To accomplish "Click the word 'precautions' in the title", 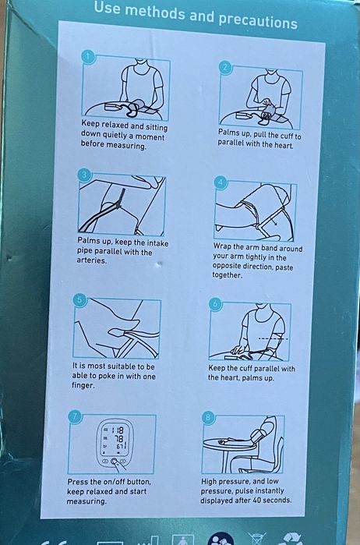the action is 257,20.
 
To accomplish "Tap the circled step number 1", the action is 88,58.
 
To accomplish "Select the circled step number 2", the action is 225,67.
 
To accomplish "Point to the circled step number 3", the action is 84,175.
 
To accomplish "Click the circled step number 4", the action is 221,182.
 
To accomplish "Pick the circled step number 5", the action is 80,299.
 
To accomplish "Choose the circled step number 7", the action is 76,416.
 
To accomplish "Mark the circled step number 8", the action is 208,418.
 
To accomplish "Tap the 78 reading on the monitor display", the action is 118,439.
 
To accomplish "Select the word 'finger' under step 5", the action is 83,385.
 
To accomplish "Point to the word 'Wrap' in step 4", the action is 222,246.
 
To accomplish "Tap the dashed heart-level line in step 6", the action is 274,338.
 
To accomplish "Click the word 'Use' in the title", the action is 108,8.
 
